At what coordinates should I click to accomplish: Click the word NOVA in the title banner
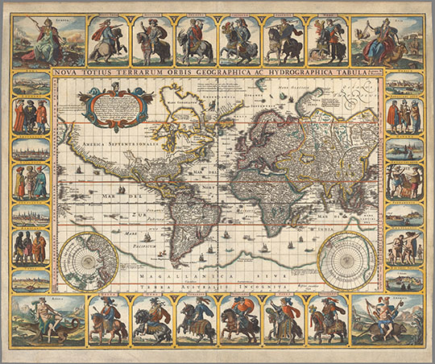click(x=73, y=71)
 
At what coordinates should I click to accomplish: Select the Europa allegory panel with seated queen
click(x=48, y=39)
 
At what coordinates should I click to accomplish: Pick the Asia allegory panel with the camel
click(x=387, y=39)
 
